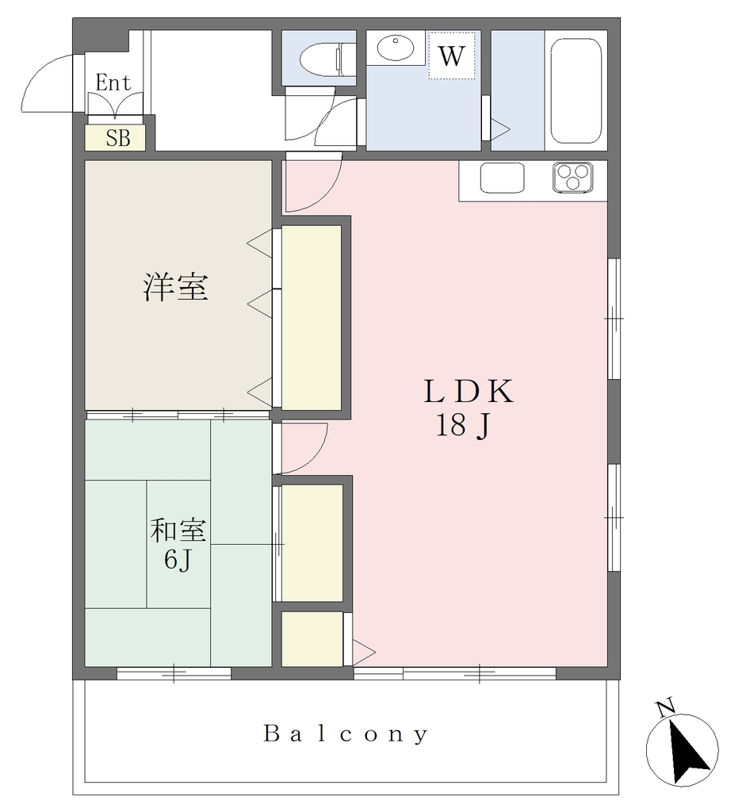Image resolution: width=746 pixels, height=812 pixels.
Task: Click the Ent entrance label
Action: pos(113,82)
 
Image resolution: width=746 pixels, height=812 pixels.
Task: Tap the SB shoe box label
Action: pos(118,138)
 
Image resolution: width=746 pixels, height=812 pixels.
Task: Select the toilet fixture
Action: pos(327,56)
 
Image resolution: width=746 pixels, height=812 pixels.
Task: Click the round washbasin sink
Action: pos(396,48)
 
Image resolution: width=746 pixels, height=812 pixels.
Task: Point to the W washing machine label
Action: pos(451,56)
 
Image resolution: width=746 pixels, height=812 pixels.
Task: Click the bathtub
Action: pos(576,91)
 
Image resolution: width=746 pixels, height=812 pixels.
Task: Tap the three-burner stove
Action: pos(572,177)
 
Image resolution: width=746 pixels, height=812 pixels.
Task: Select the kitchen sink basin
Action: pos(502,178)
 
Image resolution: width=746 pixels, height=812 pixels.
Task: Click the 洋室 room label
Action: pos(175,287)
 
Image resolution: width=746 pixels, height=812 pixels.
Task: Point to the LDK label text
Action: pos(469,392)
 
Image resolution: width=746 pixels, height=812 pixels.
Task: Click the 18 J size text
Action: pos(462,426)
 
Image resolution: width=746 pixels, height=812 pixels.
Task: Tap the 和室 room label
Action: pos(178,530)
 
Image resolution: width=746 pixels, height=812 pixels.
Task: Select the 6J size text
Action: pos(178,560)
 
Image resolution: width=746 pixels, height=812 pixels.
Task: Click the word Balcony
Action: pos(346,734)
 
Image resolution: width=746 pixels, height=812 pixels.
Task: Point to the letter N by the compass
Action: pos(666,707)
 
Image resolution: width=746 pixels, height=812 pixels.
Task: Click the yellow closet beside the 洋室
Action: pos(311,318)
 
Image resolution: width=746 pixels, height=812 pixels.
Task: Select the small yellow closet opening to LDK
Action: pos(312,639)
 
